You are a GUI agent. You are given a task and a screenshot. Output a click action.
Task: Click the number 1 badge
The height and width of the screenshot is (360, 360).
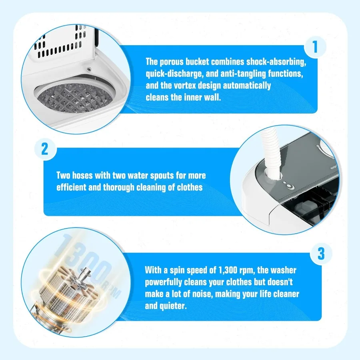click(315, 47)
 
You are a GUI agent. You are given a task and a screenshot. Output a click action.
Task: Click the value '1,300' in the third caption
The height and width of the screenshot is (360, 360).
click(234, 270)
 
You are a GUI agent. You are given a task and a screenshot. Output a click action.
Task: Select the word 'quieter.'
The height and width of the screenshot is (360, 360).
click(173, 306)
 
